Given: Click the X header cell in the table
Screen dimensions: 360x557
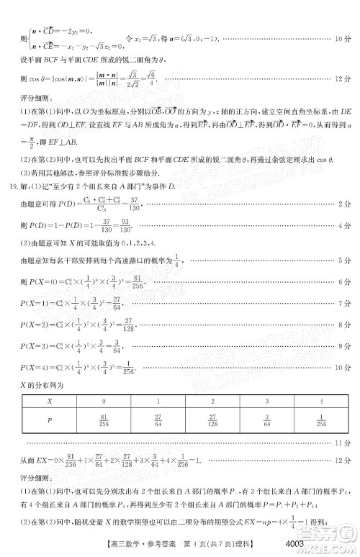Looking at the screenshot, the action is (x=49, y=401).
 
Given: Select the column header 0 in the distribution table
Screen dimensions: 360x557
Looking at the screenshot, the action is (x=104, y=401).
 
